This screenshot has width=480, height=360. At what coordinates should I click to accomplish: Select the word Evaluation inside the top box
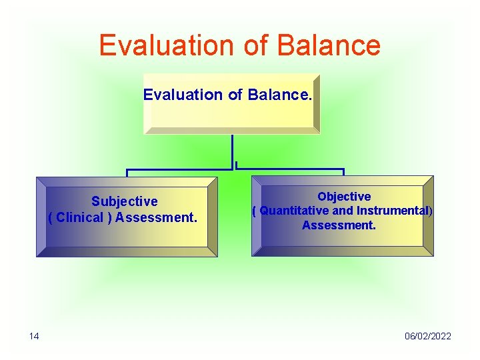183,95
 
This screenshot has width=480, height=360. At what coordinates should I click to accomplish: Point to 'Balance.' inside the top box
279,95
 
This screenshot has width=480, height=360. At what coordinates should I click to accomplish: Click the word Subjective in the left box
125,201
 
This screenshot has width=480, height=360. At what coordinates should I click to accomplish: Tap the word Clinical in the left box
80,217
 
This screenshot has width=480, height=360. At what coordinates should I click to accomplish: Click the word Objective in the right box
344,197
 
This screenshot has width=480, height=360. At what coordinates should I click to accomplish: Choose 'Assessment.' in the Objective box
339,225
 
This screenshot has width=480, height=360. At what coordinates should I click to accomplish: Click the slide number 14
34,336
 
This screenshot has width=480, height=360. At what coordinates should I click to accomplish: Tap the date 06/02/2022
427,336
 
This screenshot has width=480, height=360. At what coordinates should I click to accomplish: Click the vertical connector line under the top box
232,150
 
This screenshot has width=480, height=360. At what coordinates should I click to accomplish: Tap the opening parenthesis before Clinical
51,217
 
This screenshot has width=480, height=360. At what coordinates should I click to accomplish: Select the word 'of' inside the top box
235,95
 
